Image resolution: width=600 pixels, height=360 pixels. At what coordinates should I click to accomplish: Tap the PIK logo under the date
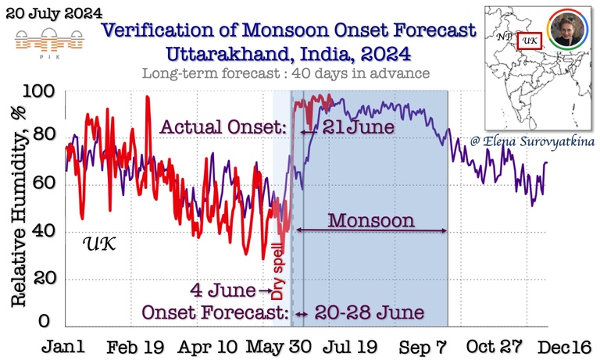(x=43, y=39)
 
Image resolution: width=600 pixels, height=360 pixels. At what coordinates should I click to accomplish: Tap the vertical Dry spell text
(x=277, y=272)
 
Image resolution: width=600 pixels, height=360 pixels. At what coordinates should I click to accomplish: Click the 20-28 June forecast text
(x=369, y=313)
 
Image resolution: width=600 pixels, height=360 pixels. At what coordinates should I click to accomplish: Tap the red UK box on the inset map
(x=530, y=39)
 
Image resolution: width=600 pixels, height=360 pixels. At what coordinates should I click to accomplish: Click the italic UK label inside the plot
(x=99, y=244)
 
